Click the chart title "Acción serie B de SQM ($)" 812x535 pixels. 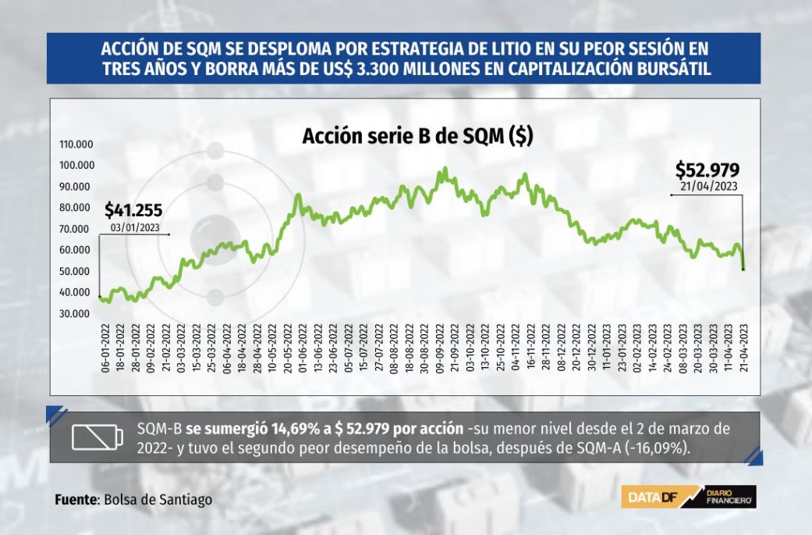[x=417, y=136]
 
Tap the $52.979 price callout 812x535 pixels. [x=707, y=169]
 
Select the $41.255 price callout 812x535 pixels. [x=133, y=210]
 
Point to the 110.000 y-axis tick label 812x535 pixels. [x=76, y=144]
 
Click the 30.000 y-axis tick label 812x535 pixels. [x=75, y=314]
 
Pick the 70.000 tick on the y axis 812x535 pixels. [x=75, y=229]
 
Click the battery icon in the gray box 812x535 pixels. [x=98, y=437]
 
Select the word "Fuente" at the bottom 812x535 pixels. [x=76, y=500]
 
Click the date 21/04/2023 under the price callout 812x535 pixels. [x=708, y=187]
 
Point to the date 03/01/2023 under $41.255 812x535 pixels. [x=135, y=227]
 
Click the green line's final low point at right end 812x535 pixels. [x=743, y=269]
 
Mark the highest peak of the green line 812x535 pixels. [x=445, y=169]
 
